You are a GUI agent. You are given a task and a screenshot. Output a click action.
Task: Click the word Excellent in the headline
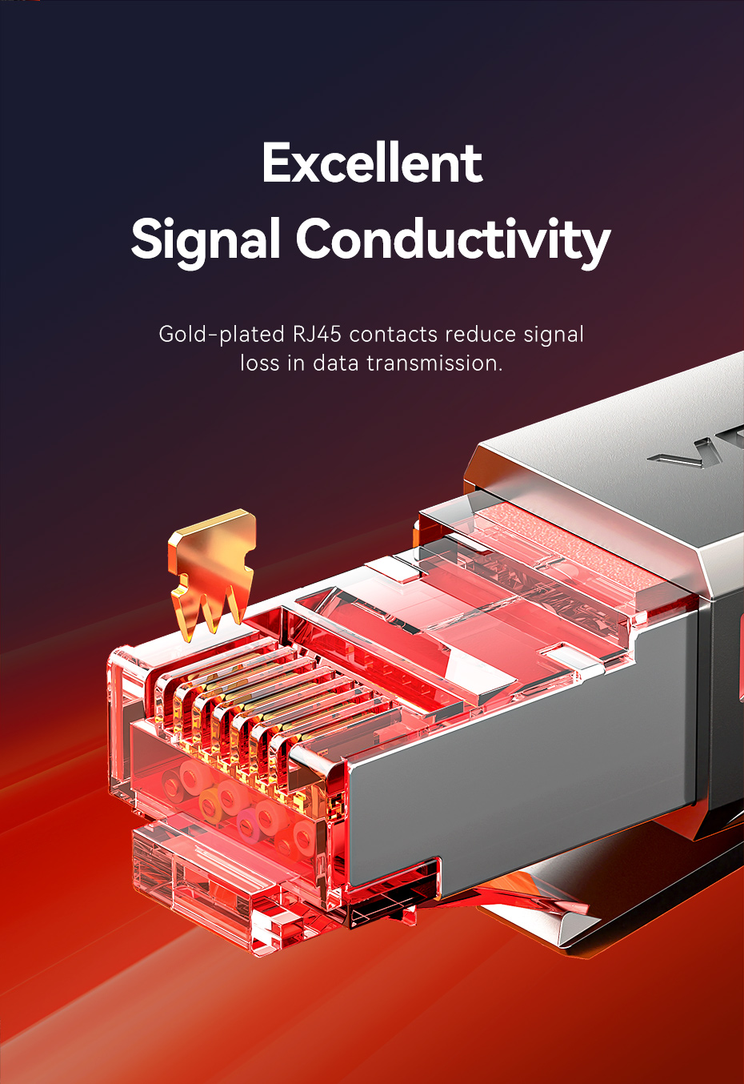click(372, 163)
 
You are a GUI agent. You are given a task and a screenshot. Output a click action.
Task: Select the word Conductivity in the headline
click(453, 239)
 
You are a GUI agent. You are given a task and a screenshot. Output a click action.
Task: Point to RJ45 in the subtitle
click(317, 334)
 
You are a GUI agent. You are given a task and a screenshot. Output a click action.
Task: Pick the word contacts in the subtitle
click(393, 334)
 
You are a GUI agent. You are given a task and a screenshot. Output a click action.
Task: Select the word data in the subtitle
click(335, 363)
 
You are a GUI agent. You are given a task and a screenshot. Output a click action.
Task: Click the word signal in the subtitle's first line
click(553, 334)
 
